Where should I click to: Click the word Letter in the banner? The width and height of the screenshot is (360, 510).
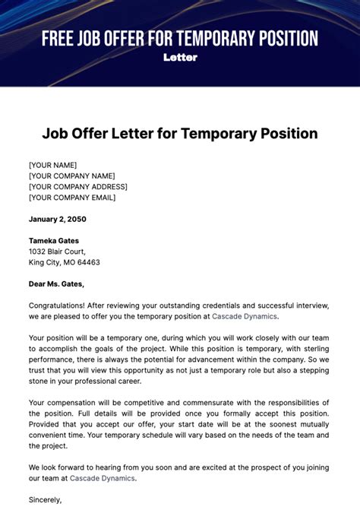tap(180, 57)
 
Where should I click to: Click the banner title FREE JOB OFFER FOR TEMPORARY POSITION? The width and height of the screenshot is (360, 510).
tap(180, 39)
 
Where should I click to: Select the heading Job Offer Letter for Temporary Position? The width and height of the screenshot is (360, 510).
tap(180, 134)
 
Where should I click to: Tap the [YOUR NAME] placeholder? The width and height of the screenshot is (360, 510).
tap(52, 165)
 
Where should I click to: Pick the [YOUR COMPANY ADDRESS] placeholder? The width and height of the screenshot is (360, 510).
tap(78, 186)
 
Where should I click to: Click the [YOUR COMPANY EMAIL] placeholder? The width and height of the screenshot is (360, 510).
tap(72, 198)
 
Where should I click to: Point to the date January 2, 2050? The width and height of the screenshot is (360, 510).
tap(58, 219)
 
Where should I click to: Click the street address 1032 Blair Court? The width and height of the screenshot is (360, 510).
tap(57, 252)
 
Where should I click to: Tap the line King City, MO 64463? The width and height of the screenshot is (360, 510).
tap(65, 262)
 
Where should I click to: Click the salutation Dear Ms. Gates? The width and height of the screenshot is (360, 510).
tap(57, 284)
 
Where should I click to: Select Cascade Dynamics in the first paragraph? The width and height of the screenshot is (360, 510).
tap(245, 316)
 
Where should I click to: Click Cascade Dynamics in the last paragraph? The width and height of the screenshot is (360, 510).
tap(103, 478)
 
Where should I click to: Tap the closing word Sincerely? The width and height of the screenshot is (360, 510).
tap(46, 500)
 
